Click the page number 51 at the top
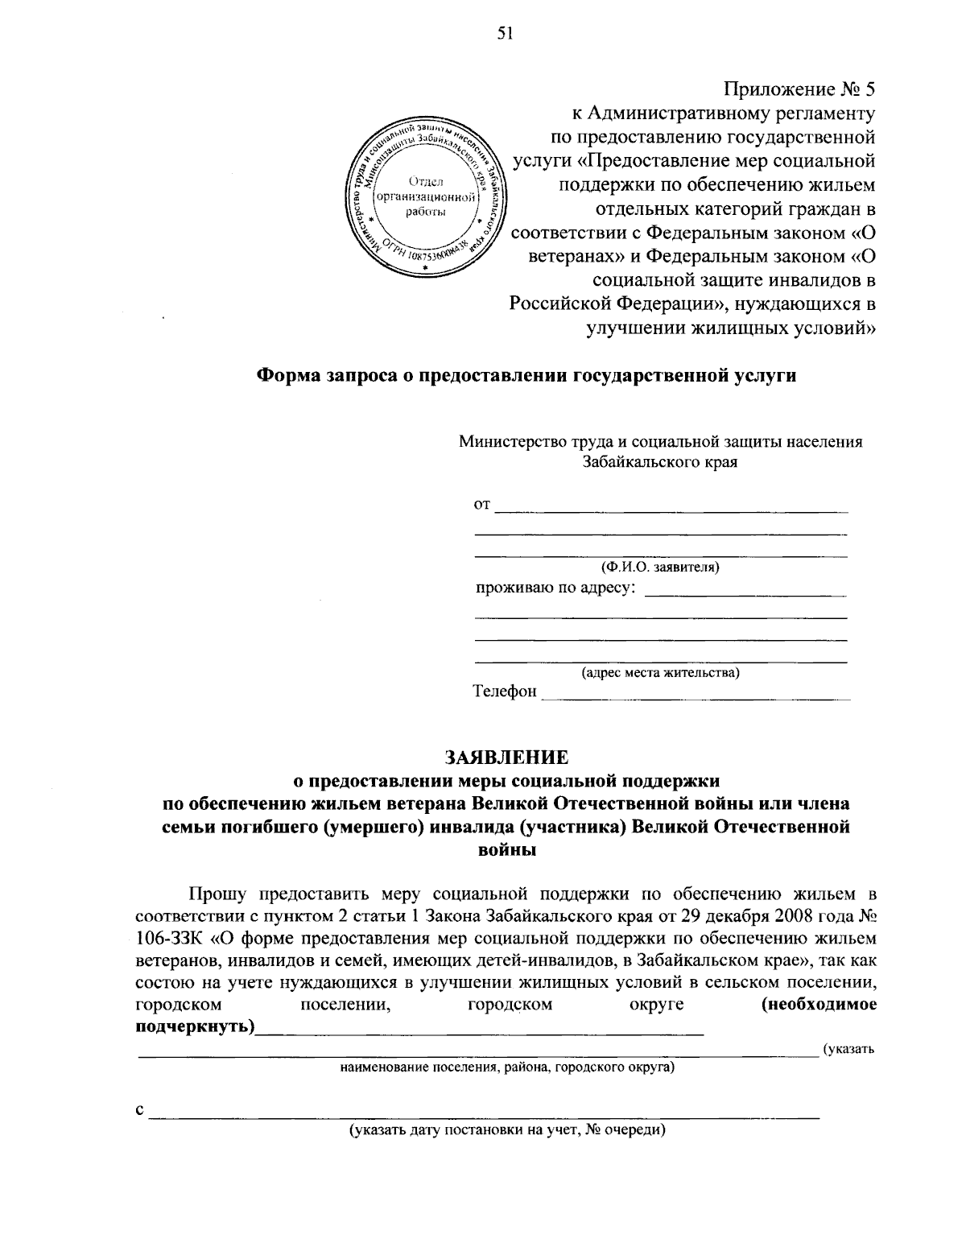click(x=482, y=33)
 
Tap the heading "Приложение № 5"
click(x=799, y=89)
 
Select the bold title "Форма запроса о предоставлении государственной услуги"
click(x=526, y=375)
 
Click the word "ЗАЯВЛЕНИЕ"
click(x=507, y=757)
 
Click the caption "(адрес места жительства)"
click(x=660, y=672)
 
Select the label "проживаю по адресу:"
click(x=555, y=588)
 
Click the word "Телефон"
click(x=505, y=692)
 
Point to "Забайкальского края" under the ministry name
click(x=660, y=462)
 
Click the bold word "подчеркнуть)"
click(x=194, y=1027)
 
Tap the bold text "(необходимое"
click(x=819, y=1005)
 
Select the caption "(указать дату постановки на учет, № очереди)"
click(x=507, y=1129)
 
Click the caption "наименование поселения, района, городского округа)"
click(x=507, y=1067)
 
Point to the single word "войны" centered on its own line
click(x=507, y=849)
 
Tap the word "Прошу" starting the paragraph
click(x=213, y=894)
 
